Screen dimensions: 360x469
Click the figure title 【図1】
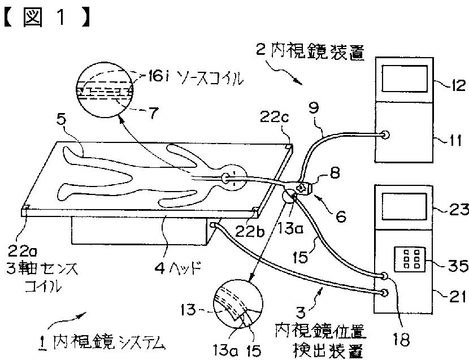47,16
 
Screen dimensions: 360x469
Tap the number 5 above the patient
63,120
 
